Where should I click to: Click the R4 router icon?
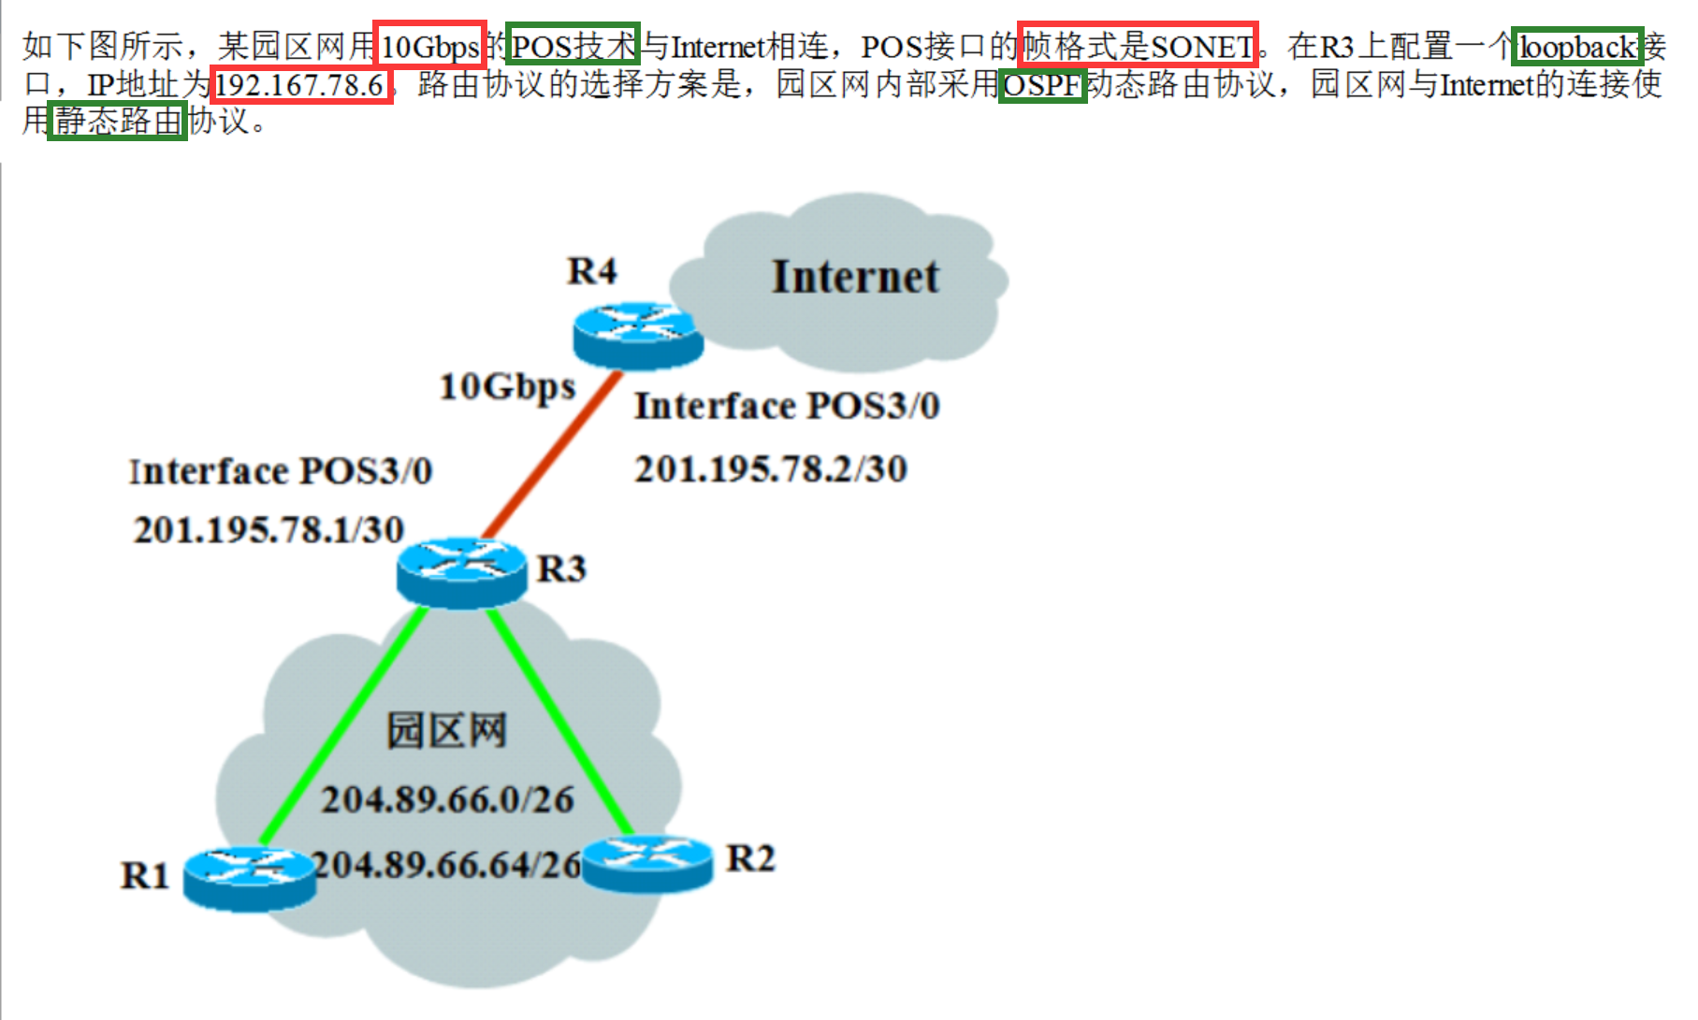point(638,336)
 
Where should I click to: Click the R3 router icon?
point(462,572)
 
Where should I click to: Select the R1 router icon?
point(249,878)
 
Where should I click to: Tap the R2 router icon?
point(647,863)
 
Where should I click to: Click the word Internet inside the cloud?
point(855,277)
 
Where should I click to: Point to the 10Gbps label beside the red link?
point(507,387)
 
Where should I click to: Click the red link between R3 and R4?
point(552,455)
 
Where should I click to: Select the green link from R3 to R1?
point(344,725)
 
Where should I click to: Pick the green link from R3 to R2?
point(559,721)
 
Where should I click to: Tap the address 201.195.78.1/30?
point(269,530)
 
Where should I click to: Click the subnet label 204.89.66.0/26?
point(447,800)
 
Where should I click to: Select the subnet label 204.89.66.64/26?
point(447,865)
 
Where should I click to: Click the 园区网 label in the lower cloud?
point(447,730)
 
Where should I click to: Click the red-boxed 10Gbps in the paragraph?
point(430,46)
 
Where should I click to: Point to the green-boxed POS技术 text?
point(573,46)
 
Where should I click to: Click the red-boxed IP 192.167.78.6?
point(300,85)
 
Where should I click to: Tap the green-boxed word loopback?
point(1577,46)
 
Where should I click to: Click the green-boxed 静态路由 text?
point(118,121)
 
